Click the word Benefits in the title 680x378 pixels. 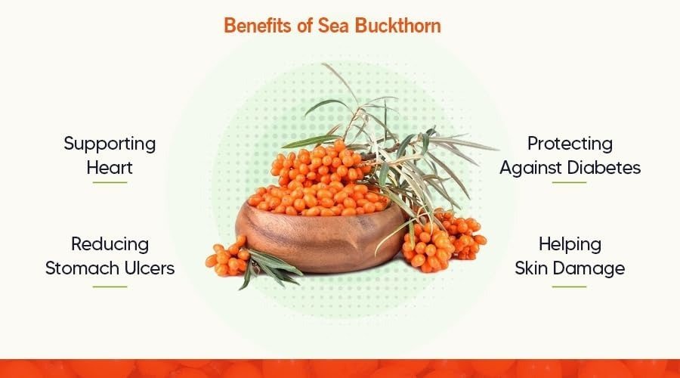coord(258,25)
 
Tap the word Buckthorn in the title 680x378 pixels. coord(398,25)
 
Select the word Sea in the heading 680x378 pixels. coord(334,25)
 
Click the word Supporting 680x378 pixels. coord(110,144)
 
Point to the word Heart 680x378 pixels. coord(110,168)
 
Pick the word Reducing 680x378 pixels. coord(110,245)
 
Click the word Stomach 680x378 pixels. coord(82,268)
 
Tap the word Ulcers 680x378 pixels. coord(150,268)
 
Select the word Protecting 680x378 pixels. coord(570,144)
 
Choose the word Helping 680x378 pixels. coord(570,245)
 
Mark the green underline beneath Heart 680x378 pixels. coord(110,182)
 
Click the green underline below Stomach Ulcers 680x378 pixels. coord(110,287)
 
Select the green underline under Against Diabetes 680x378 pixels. coord(570,182)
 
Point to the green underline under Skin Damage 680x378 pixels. coord(570,287)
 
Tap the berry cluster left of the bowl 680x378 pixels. coord(227,259)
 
